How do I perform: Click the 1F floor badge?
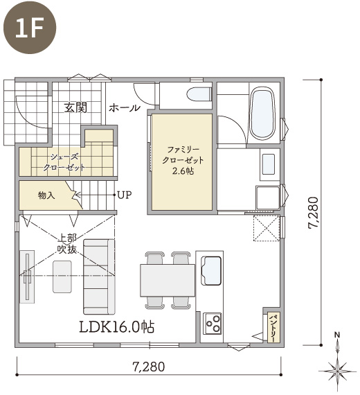(30, 27)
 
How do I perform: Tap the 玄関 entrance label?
(75, 107)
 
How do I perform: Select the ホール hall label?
(125, 108)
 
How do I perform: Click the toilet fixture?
(199, 94)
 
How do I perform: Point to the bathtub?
(263, 114)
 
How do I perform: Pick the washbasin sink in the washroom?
(269, 164)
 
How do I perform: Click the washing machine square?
(268, 197)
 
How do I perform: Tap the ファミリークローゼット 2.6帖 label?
(183, 160)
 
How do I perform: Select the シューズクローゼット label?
(64, 162)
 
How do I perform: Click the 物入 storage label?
(46, 195)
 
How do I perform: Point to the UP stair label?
(125, 195)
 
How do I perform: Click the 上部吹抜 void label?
(67, 244)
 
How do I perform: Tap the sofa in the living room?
(99, 276)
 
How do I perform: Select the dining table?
(168, 280)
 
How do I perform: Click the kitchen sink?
(211, 270)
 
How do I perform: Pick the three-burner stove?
(213, 324)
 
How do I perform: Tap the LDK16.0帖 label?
(117, 327)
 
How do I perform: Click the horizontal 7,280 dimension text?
(149, 367)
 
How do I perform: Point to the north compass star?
(337, 371)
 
